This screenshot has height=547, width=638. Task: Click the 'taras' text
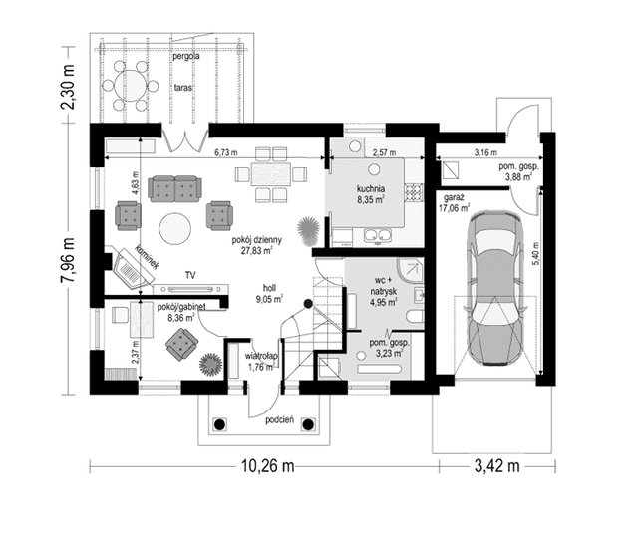click(182, 87)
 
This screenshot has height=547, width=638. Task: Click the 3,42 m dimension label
click(494, 465)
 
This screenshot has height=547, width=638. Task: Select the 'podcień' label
click(278, 420)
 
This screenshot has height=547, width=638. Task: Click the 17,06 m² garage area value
click(455, 209)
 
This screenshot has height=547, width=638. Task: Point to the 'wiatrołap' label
click(261, 355)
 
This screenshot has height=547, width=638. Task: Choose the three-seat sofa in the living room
click(173, 186)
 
